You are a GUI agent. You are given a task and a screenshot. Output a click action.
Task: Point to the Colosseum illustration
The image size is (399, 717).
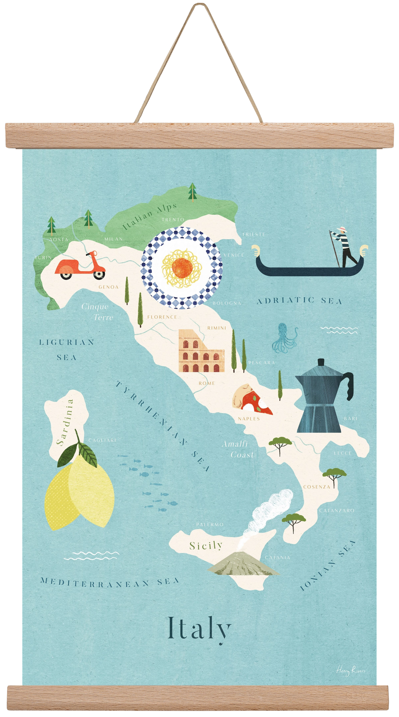click(201, 351)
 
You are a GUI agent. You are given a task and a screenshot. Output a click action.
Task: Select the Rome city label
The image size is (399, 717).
click(207, 383)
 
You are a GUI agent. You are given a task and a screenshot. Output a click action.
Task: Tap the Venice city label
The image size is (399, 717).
click(234, 255)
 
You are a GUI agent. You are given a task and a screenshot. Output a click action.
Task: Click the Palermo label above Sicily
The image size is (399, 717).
click(210, 525)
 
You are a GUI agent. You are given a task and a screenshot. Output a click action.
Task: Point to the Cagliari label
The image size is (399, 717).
click(102, 440)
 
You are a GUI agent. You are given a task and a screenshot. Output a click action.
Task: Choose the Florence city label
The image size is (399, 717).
click(162, 317)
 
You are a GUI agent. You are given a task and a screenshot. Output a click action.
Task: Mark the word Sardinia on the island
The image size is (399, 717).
click(65, 422)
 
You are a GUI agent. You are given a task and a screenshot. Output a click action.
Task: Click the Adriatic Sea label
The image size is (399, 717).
click(299, 301)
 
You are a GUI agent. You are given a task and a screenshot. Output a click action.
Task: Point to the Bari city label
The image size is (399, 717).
click(350, 418)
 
